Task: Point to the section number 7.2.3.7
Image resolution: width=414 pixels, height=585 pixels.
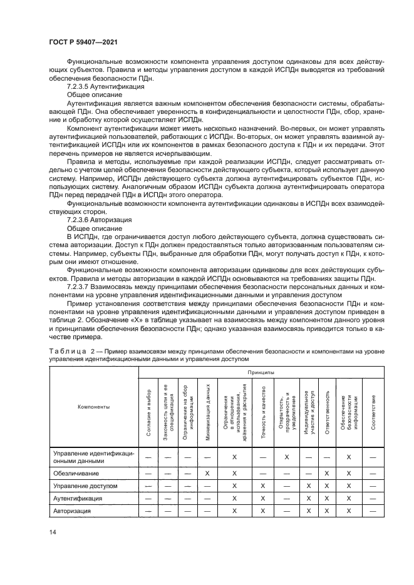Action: pos(80,287)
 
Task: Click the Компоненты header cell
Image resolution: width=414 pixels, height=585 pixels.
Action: pos(93,407)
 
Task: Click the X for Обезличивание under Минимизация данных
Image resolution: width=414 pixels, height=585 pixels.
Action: pos(207,473)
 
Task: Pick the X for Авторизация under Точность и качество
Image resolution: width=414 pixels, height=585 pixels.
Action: pos(264,511)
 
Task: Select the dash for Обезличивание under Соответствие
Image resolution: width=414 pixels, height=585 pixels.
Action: pos(373,473)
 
